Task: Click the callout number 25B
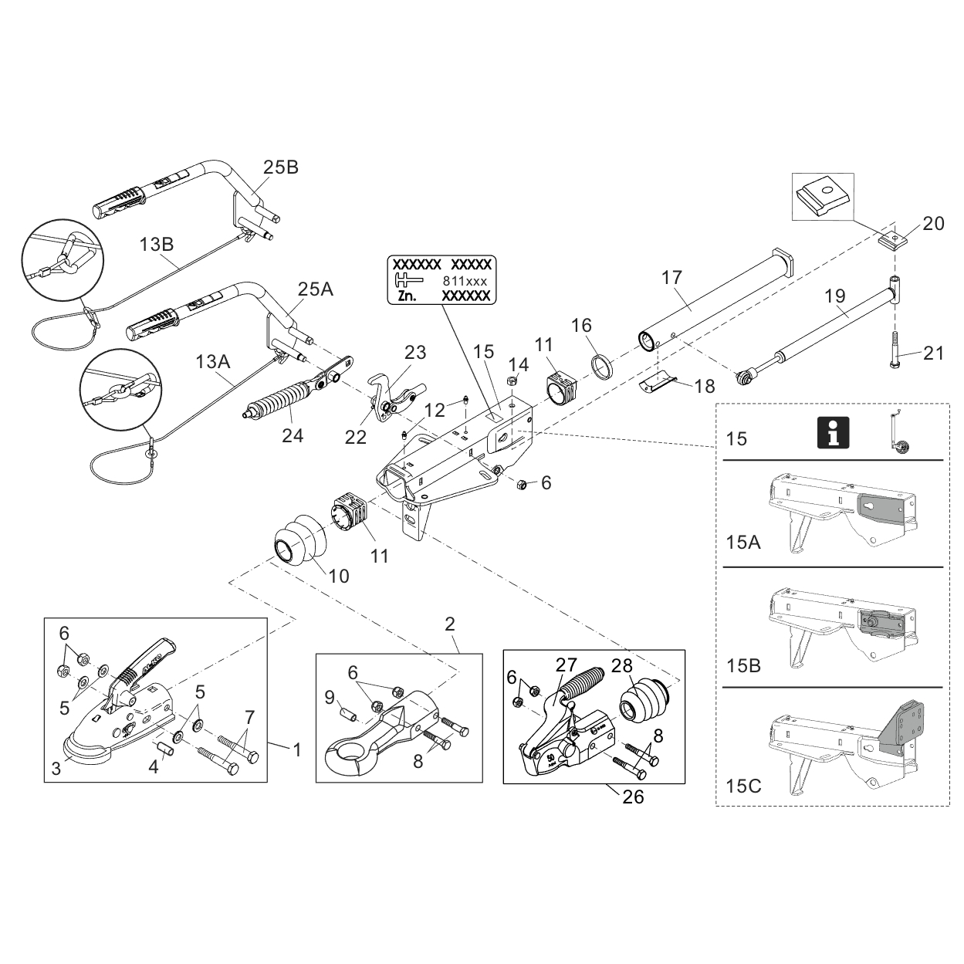280,167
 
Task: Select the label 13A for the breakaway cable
212,360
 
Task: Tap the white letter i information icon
833,432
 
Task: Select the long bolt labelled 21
896,350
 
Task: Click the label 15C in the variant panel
743,786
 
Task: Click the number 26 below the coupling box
633,797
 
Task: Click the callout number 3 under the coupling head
56,768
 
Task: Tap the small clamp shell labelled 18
660,383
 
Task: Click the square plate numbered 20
892,240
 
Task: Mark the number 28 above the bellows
622,665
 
